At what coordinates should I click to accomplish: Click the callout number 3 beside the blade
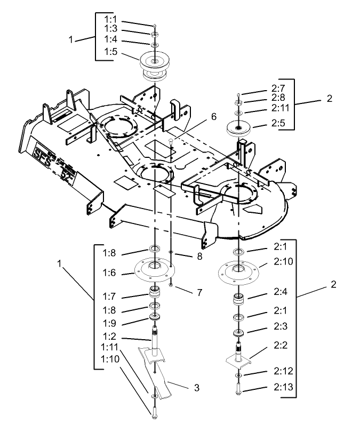(197, 388)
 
